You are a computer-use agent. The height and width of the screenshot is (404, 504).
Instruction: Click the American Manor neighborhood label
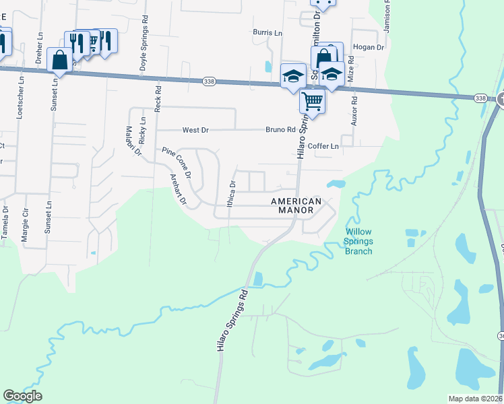click(x=296, y=205)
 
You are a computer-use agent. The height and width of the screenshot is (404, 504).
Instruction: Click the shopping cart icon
click(x=312, y=102)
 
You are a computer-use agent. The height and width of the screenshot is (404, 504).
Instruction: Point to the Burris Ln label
click(x=267, y=32)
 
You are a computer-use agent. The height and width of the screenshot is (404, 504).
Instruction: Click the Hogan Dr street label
click(x=368, y=48)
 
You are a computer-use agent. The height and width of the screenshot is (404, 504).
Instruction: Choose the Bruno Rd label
click(x=280, y=130)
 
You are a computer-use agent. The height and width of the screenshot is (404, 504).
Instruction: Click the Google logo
click(x=22, y=396)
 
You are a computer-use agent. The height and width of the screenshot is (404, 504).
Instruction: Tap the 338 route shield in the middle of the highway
click(x=209, y=81)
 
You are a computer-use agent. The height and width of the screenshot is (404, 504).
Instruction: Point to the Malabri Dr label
click(x=131, y=140)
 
